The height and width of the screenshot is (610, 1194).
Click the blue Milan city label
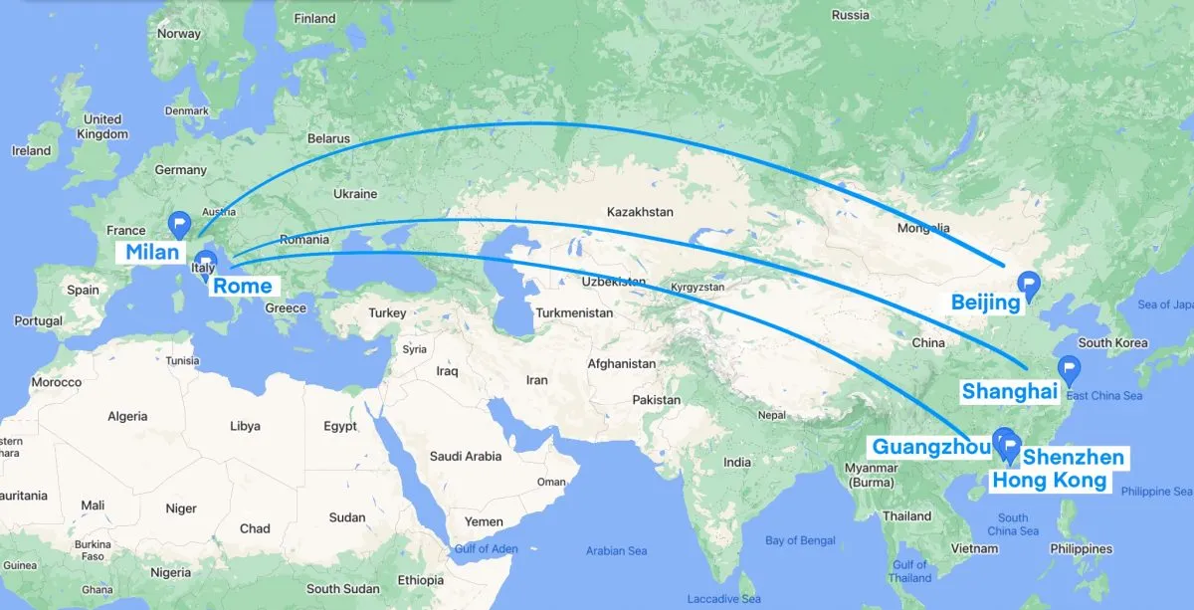click(x=152, y=252)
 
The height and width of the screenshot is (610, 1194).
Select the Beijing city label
click(x=985, y=302)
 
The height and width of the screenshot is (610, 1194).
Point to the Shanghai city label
click(x=1009, y=391)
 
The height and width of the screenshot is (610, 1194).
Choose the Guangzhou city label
click(x=932, y=446)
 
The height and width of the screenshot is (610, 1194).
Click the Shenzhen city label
click(x=1074, y=458)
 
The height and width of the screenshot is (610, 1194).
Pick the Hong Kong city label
click(x=1050, y=481)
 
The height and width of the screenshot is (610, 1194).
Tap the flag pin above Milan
click(x=180, y=223)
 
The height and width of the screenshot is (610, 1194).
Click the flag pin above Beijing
click(x=1030, y=285)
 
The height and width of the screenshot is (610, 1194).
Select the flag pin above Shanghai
click(x=1070, y=368)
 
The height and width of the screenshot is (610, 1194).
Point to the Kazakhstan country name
click(x=640, y=212)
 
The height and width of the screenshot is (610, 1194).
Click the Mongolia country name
click(x=923, y=229)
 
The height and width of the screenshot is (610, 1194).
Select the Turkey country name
click(x=387, y=312)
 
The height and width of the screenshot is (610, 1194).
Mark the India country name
click(x=737, y=462)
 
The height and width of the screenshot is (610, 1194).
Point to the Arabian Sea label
click(x=616, y=550)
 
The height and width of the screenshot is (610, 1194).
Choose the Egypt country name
click(x=339, y=426)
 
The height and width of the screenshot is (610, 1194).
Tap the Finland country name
click(x=315, y=18)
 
